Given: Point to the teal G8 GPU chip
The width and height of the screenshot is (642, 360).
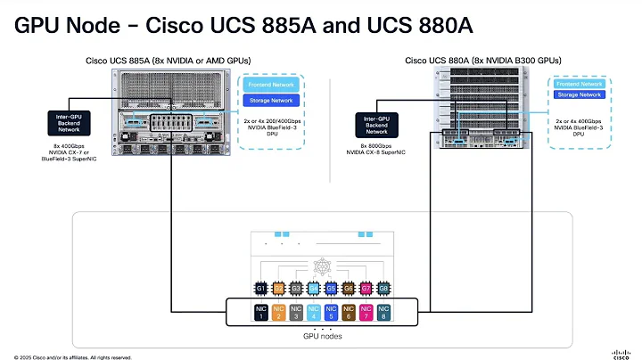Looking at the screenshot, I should (384, 289).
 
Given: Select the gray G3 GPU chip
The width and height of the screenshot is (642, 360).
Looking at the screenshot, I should (295, 289).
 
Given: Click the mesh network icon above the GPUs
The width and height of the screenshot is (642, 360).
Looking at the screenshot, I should (323, 267).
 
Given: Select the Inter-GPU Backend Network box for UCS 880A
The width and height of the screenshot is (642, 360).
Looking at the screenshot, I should (382, 122).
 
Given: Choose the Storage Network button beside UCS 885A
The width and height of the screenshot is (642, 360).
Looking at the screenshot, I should (270, 101).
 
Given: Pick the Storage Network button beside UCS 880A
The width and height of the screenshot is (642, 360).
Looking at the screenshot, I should (579, 94).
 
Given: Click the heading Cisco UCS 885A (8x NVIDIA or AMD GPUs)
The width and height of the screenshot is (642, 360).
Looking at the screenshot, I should (168, 61).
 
